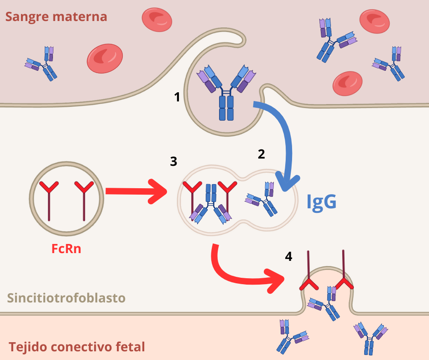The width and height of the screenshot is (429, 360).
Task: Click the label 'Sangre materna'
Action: click(x=56, y=17)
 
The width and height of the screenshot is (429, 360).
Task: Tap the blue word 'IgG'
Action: click(x=321, y=201)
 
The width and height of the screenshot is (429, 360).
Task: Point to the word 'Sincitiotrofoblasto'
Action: click(x=66, y=298)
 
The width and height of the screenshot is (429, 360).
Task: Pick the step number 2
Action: click(x=261, y=154)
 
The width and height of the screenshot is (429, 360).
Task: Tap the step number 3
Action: click(x=173, y=162)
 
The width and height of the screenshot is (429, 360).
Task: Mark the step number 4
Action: click(x=288, y=257)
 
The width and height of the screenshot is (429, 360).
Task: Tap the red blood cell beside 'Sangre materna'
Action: click(x=157, y=20)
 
